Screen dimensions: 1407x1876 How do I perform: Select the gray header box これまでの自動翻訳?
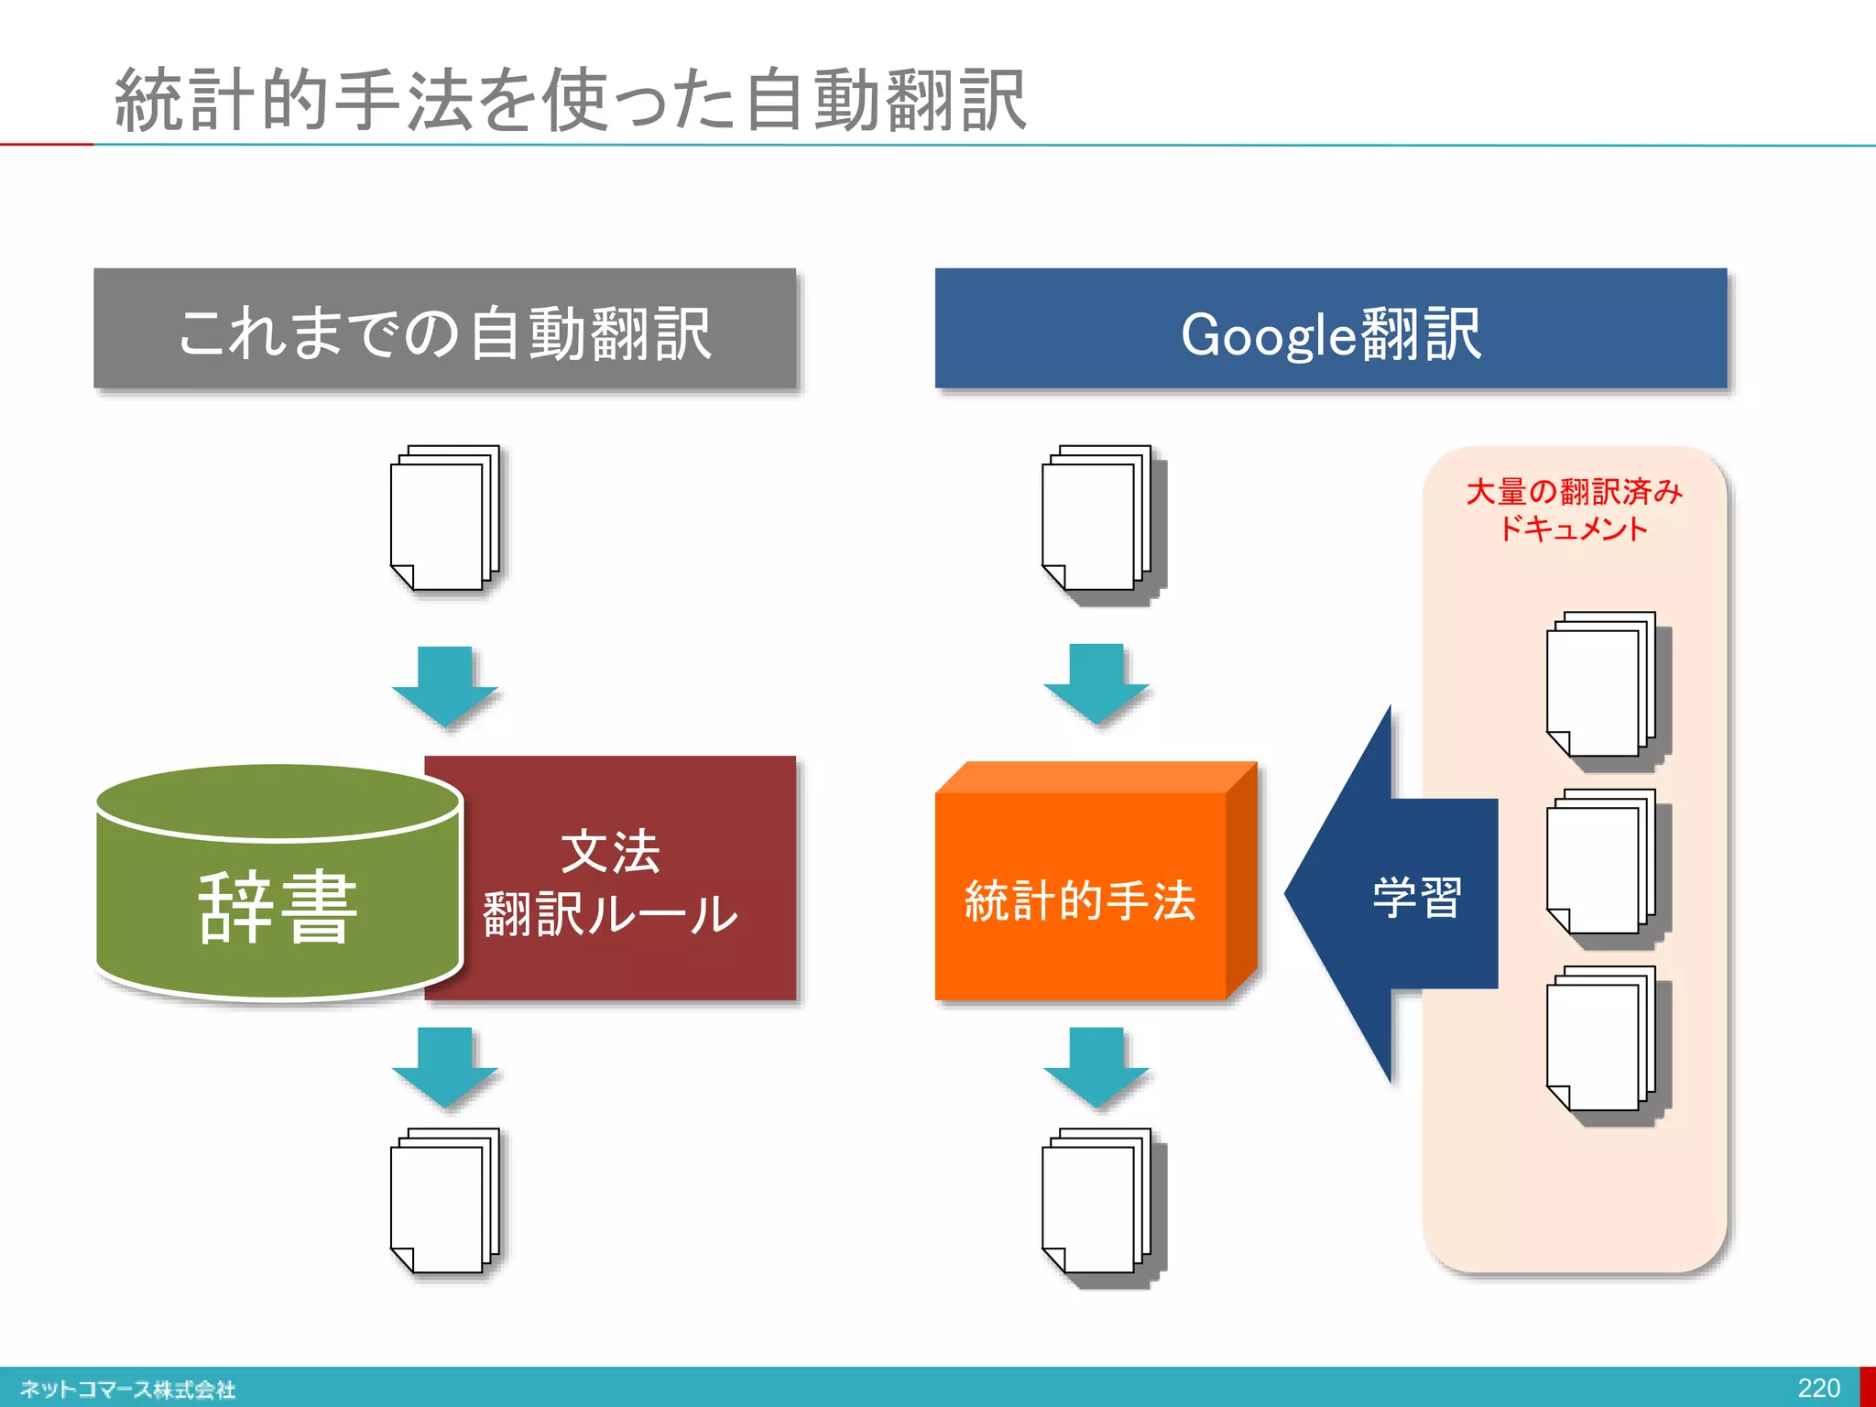pos(444,330)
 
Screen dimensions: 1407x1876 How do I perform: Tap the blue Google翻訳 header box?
pos(1330,330)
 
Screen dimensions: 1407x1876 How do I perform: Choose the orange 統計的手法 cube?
pos(1081,898)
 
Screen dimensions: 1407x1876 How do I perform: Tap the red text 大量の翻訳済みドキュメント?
pos(1574,509)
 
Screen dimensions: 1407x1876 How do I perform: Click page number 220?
pos(1818,1388)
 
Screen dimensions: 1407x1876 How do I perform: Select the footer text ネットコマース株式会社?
pos(128,1389)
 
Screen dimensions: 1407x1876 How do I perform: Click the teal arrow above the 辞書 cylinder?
pos(445,686)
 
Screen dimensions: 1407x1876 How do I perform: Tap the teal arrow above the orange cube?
pos(1096,683)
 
